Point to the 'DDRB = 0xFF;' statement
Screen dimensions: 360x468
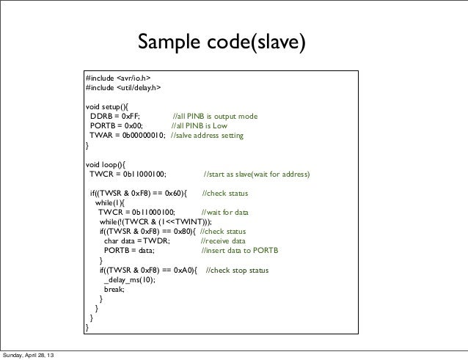pyautogui.click(x=117, y=117)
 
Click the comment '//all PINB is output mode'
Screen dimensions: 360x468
pyautogui.click(x=220, y=117)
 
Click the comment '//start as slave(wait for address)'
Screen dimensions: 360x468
pyautogui.click(x=256, y=175)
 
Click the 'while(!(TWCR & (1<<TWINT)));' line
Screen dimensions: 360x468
pyautogui.click(x=156, y=223)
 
